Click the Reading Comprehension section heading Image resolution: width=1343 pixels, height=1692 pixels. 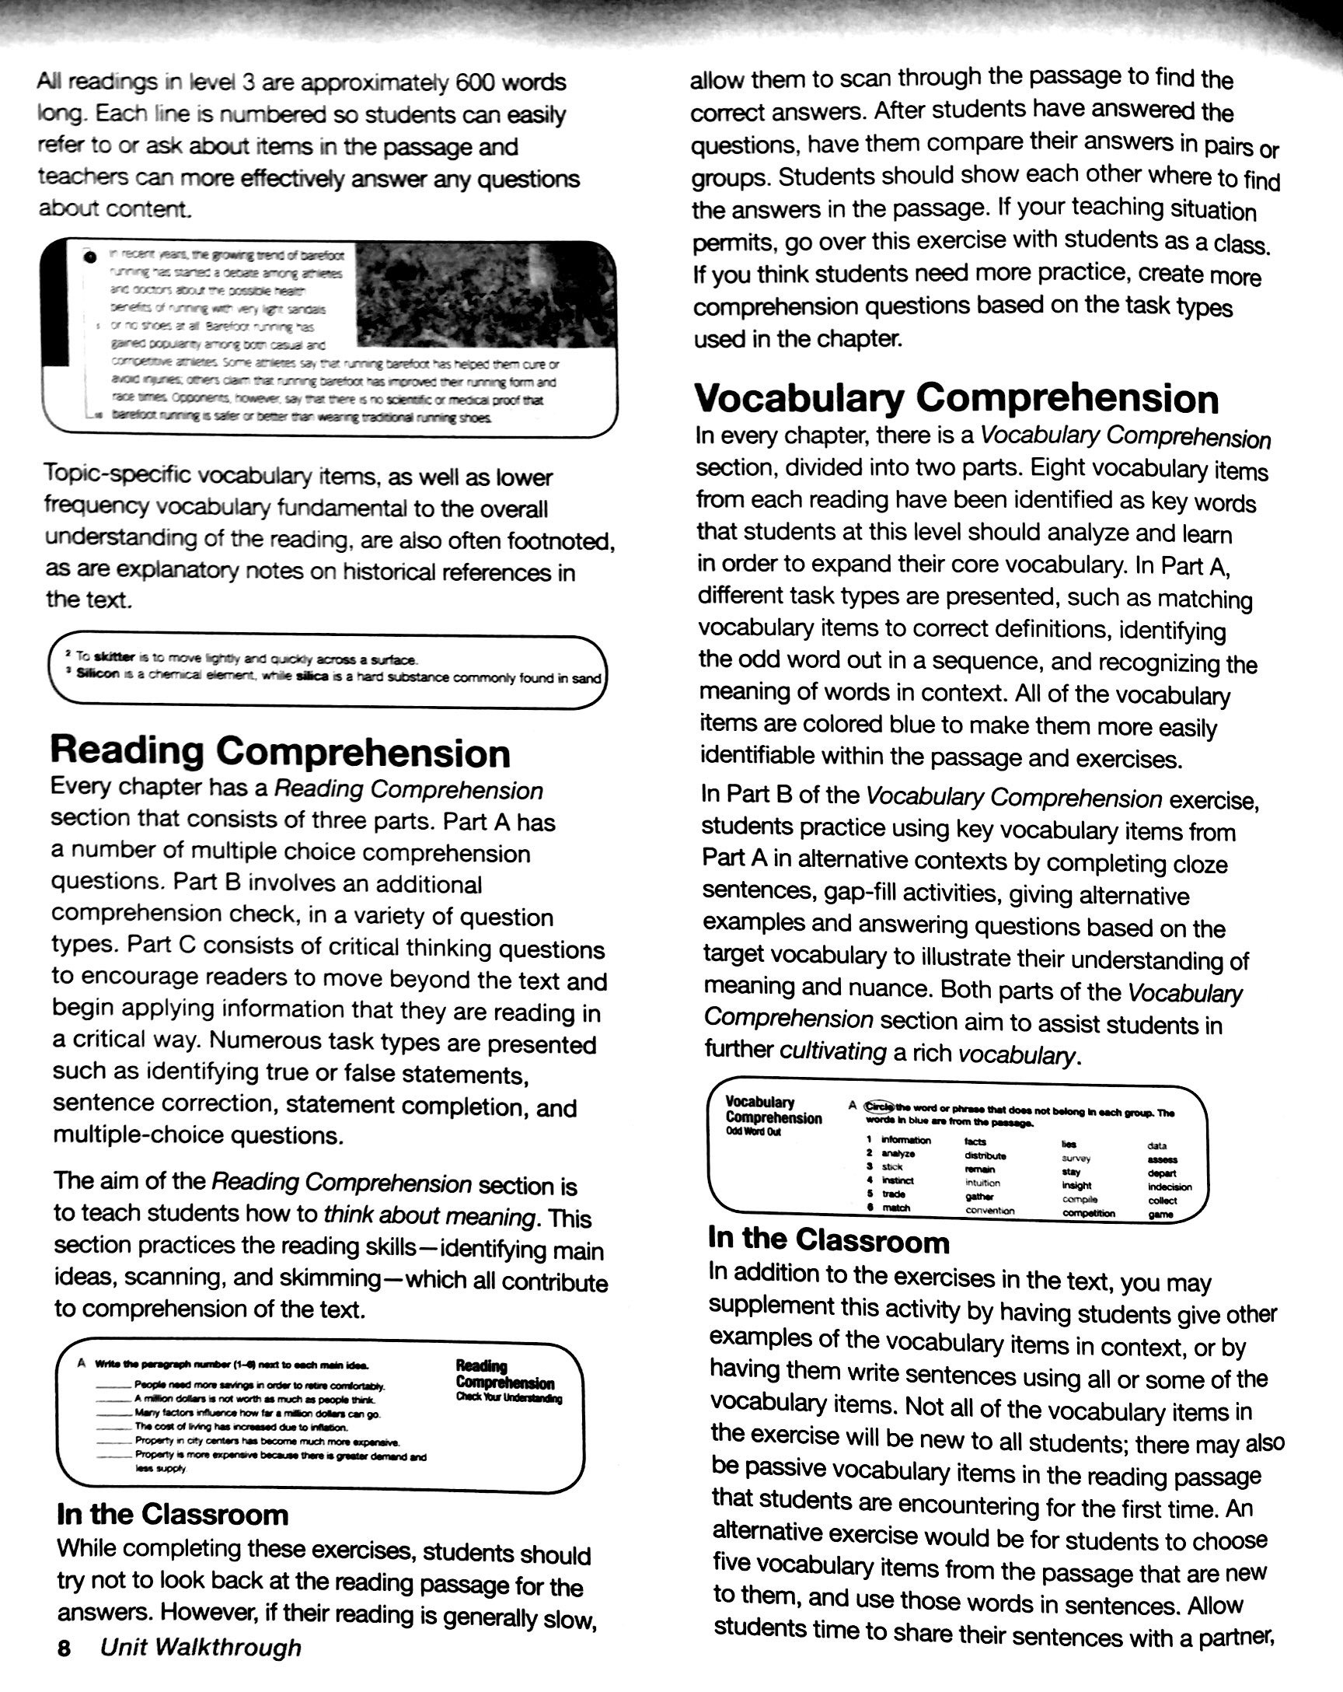coord(280,752)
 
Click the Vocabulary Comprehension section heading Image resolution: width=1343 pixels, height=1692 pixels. coord(956,398)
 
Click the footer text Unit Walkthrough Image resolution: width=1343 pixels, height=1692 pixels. coord(201,1647)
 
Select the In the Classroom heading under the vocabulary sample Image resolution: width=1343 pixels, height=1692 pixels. coord(828,1241)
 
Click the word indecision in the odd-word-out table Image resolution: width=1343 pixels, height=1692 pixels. coord(1169,1187)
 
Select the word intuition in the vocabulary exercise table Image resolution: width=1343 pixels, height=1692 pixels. coord(982,1183)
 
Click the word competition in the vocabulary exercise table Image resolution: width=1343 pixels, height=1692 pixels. coord(1088,1213)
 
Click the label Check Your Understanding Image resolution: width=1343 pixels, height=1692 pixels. coord(508,1400)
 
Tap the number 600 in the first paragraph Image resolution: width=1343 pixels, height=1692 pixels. coord(480,82)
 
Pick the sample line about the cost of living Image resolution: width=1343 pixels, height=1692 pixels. coord(235,1427)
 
